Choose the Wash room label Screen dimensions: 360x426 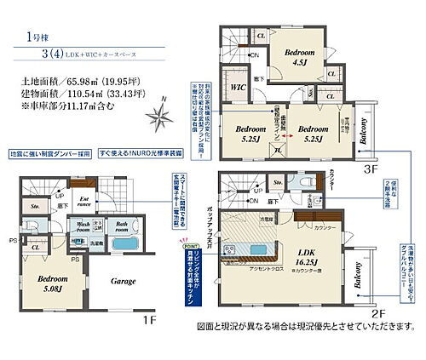pyautogui.click(x=83, y=226)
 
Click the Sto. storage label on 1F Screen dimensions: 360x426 pyautogui.click(x=35, y=206)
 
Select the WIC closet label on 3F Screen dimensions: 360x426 pyautogui.click(x=239, y=88)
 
